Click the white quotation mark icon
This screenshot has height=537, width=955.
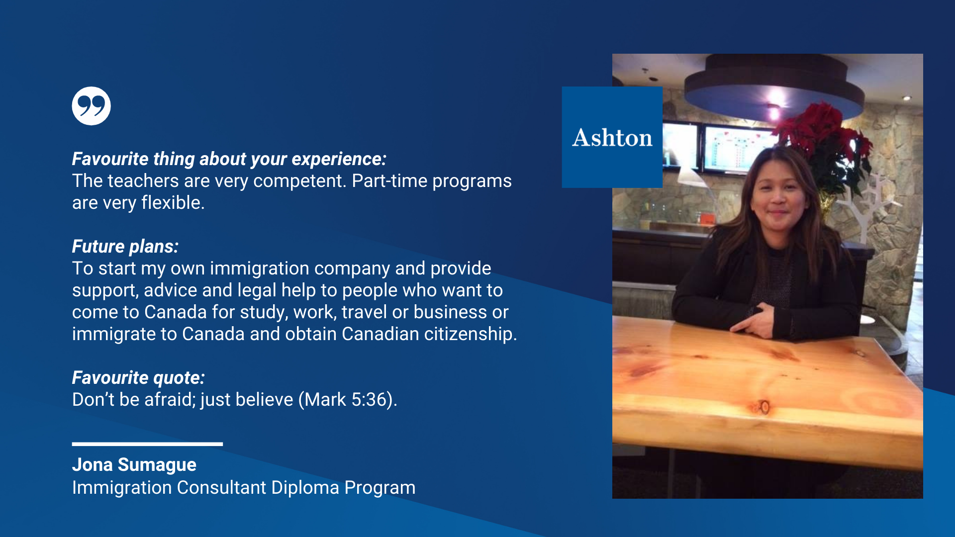click(x=91, y=106)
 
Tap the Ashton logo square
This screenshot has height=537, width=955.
click(x=612, y=137)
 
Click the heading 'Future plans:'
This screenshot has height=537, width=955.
click(x=125, y=247)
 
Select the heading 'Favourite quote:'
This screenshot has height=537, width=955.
click(x=138, y=378)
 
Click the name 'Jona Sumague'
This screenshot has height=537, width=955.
click(x=134, y=465)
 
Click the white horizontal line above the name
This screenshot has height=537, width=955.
click(x=147, y=444)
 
